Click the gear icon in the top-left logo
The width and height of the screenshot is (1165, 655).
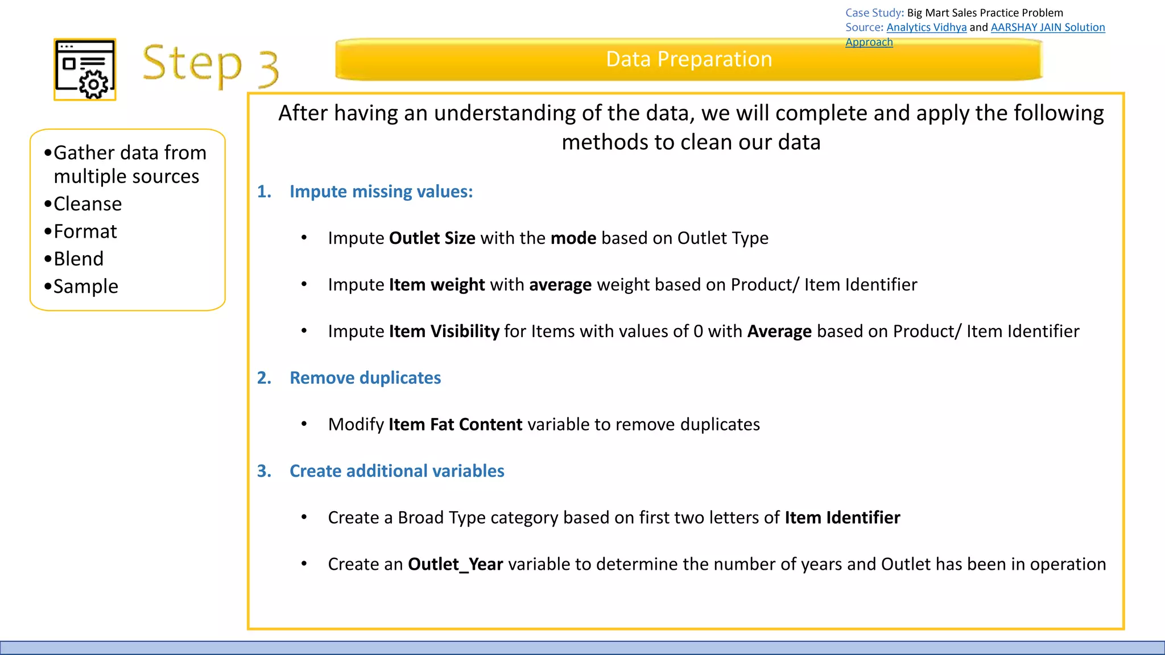[x=94, y=85]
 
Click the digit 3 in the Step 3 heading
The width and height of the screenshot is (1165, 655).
[x=268, y=68]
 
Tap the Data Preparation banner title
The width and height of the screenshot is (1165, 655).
[x=688, y=59]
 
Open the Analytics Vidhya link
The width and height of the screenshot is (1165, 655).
[x=926, y=27]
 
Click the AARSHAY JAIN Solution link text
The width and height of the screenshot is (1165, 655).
[x=1047, y=27]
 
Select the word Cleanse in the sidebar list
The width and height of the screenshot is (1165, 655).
[x=88, y=204]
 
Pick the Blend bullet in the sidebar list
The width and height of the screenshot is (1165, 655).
[x=79, y=259]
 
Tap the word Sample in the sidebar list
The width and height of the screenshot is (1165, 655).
[x=85, y=286]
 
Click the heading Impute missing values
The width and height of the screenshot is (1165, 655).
[x=381, y=192]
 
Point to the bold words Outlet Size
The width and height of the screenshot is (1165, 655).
[x=432, y=238]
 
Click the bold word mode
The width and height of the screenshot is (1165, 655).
[x=573, y=238]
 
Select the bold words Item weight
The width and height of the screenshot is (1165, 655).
[x=436, y=284]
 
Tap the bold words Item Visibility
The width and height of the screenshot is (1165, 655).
[x=444, y=331]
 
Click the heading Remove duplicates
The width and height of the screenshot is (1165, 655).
[x=365, y=378]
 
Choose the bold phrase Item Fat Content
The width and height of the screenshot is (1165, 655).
[x=455, y=424]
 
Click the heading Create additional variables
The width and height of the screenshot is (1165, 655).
[x=396, y=471]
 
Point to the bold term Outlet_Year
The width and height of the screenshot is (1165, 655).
[x=455, y=564]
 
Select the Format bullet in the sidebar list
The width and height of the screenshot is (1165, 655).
[x=85, y=231]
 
